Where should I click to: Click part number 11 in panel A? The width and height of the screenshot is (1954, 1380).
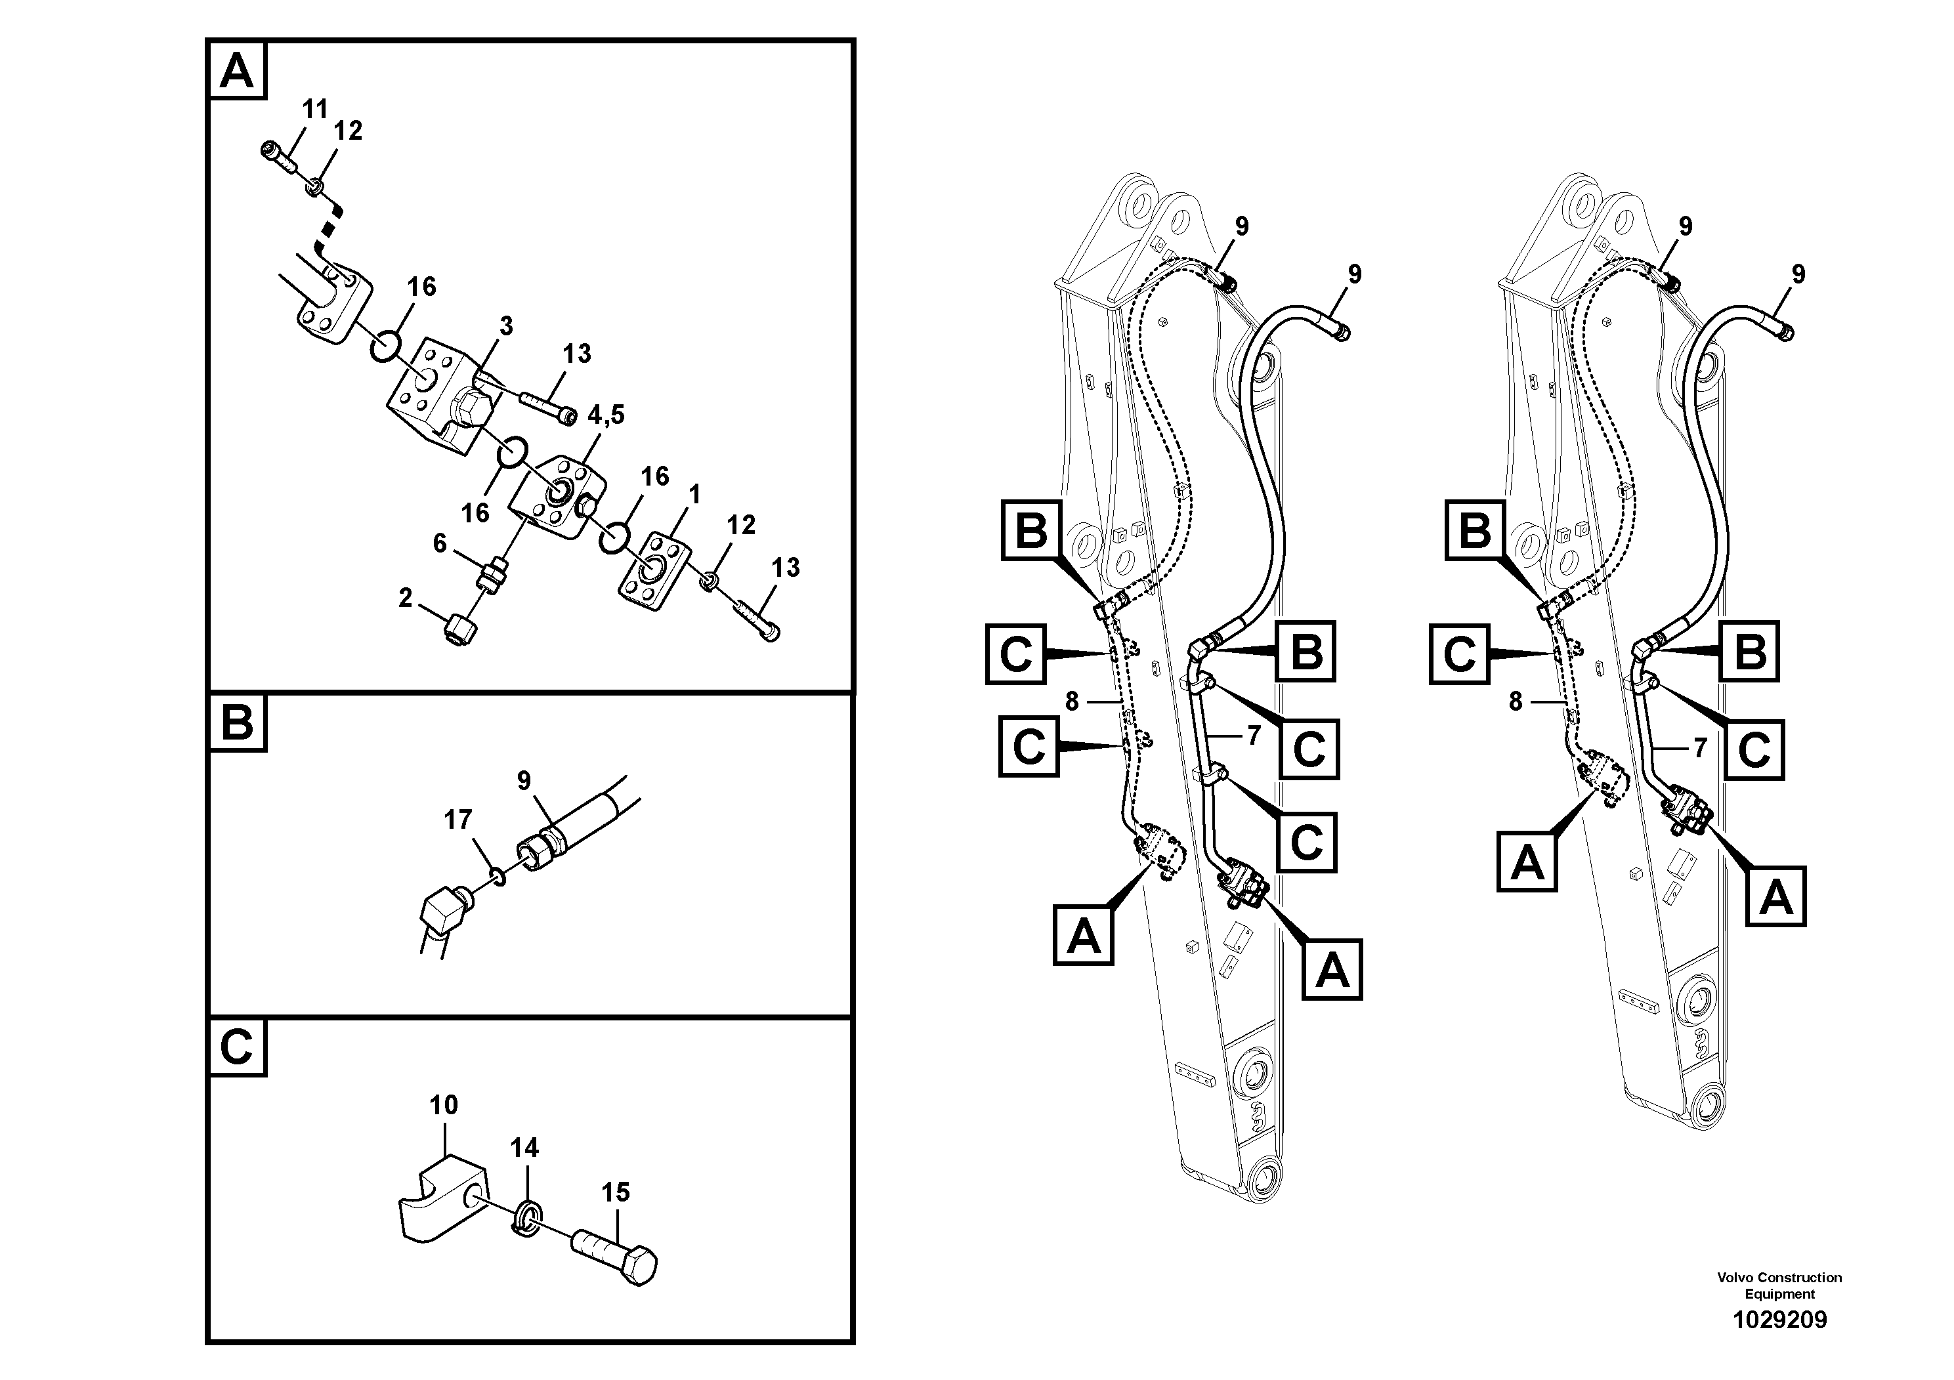[315, 110]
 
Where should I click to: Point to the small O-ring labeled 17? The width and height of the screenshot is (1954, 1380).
[499, 876]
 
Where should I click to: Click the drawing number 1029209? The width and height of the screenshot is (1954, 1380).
[1779, 1320]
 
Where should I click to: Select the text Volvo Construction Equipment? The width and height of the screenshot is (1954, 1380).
[1779, 1285]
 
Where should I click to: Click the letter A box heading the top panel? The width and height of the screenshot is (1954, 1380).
[236, 71]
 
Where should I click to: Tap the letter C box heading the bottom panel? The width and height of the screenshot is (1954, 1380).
[236, 1047]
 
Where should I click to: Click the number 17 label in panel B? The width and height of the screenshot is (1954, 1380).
[458, 820]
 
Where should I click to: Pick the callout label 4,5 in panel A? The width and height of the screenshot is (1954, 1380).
[606, 414]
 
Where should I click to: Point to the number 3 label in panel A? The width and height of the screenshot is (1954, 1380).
[506, 326]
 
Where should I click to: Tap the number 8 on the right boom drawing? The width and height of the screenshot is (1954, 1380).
[1515, 702]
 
